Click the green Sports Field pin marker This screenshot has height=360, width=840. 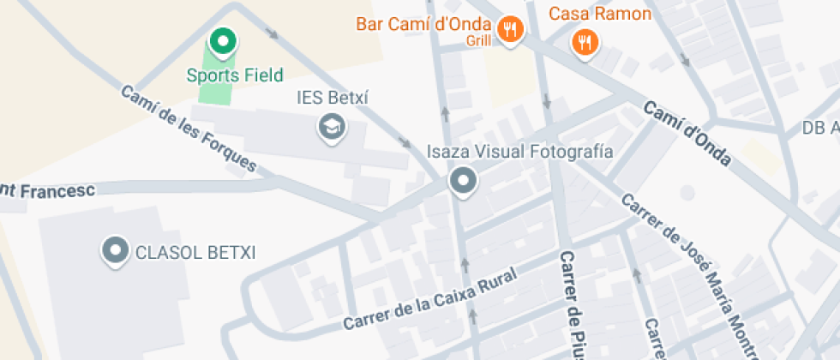pos(223,41)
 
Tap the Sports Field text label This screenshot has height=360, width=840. pos(235,75)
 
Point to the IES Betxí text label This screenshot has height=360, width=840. pos(332,98)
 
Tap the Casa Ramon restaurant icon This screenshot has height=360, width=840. pos(585,41)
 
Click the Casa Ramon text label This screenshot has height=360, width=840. pos(599,14)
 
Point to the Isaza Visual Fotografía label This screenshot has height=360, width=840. pos(520,153)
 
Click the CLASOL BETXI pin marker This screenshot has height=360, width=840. pos(115,251)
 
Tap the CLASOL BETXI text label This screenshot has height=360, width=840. pos(195,253)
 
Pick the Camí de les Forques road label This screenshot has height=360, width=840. pos(189,129)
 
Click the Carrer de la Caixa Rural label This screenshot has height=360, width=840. pos(430,299)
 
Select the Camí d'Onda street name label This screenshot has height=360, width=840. pos(687,134)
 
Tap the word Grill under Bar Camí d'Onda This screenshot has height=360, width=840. pos(478,40)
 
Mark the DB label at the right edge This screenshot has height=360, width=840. pos(819,128)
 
